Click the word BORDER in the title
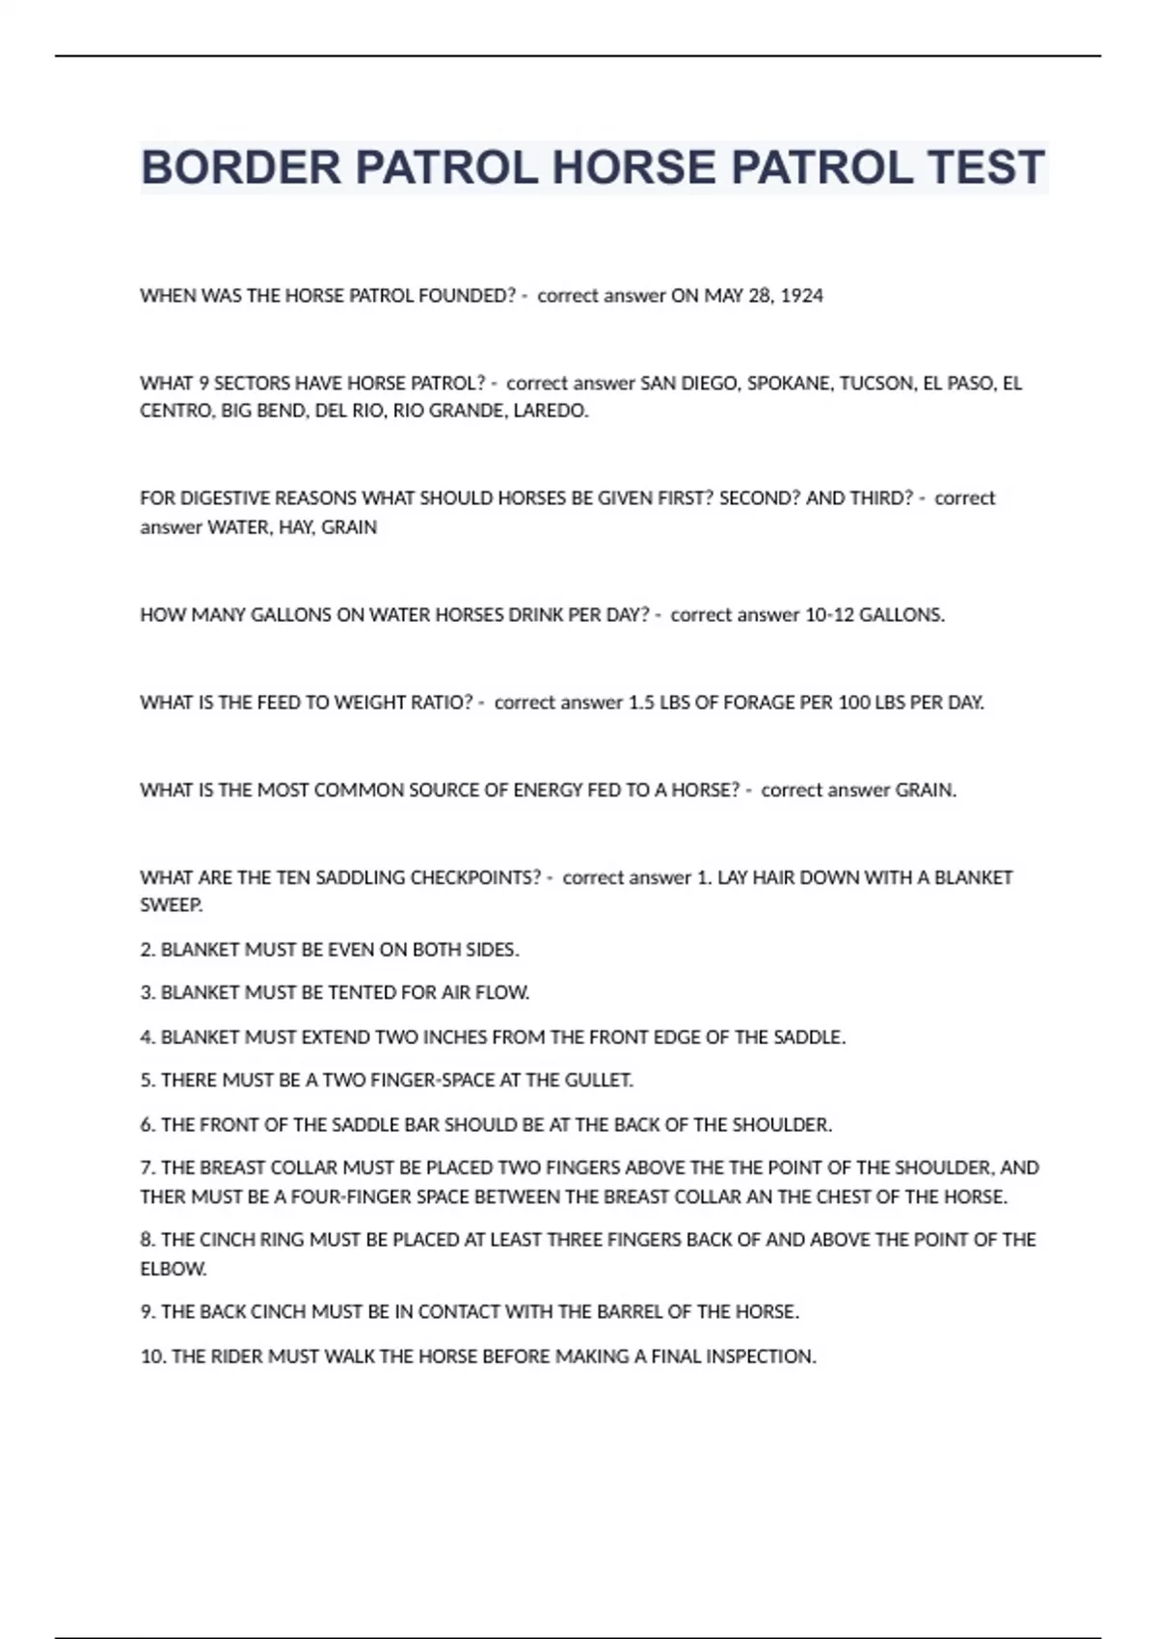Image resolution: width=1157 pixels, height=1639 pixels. (x=241, y=168)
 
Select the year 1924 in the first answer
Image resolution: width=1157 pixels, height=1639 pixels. (x=801, y=296)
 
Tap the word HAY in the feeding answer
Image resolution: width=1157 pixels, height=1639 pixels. (x=295, y=527)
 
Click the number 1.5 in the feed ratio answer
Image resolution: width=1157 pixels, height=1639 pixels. (x=641, y=703)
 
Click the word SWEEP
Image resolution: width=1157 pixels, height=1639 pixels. (x=171, y=905)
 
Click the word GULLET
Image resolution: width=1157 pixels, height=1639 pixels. (x=599, y=1081)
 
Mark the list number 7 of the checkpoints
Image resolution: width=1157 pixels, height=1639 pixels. (x=147, y=1169)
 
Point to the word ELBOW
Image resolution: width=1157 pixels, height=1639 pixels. (x=173, y=1269)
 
